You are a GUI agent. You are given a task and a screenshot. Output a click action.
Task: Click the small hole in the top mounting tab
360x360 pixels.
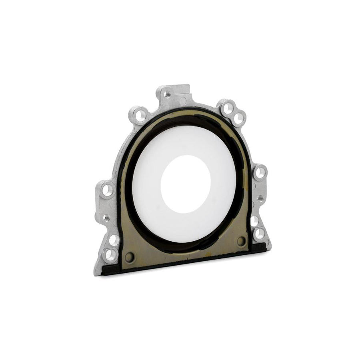coord(168,95)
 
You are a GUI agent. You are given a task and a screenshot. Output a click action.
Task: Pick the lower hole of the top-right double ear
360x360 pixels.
coord(238,118)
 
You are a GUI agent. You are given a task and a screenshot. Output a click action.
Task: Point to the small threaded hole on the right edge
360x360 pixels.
coord(260,197)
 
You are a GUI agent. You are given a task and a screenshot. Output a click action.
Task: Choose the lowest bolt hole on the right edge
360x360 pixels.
coord(260,233)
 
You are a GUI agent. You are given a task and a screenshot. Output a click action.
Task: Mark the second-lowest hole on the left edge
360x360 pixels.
coord(114,239)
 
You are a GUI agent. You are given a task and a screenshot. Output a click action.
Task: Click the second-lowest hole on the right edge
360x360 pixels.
coord(254,220)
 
